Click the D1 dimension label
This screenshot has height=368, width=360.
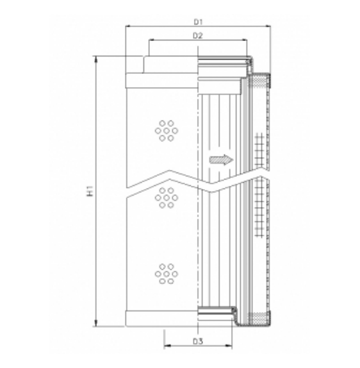click(199, 21)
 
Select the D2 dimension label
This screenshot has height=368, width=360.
click(199, 35)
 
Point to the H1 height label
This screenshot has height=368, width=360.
click(89, 191)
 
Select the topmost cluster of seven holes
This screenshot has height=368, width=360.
click(166, 130)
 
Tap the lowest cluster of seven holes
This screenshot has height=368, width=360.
click(166, 274)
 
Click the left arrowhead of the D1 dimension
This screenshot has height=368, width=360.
click(128, 26)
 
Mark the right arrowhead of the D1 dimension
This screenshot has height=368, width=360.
click(268, 26)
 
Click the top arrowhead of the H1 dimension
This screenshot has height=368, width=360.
click(96, 59)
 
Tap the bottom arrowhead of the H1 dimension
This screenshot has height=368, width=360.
click(96, 324)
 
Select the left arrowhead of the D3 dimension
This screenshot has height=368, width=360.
click(167, 347)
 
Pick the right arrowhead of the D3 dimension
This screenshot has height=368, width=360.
click(231, 347)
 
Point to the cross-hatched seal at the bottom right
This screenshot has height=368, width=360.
click(259, 317)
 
